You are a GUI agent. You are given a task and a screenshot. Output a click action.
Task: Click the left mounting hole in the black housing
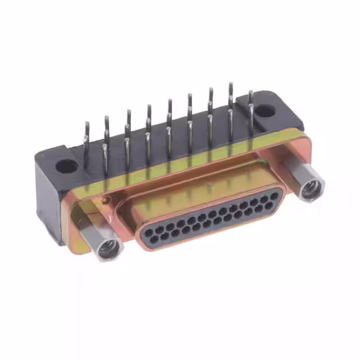pyautogui.click(x=67, y=166)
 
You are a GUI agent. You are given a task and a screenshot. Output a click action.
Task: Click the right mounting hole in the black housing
pyautogui.click(x=266, y=111)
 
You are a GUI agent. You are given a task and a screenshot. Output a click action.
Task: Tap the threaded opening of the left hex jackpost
pyautogui.click(x=107, y=248)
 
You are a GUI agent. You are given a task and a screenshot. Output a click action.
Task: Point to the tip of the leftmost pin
pyautogui.click(x=86, y=123)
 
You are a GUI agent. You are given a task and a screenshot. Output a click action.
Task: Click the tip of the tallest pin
pyautogui.click(x=230, y=84)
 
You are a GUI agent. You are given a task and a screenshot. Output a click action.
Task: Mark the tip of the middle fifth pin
pyautogui.click(x=169, y=101)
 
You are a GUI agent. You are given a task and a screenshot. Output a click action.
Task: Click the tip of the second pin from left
pyautogui.click(x=106, y=118)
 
